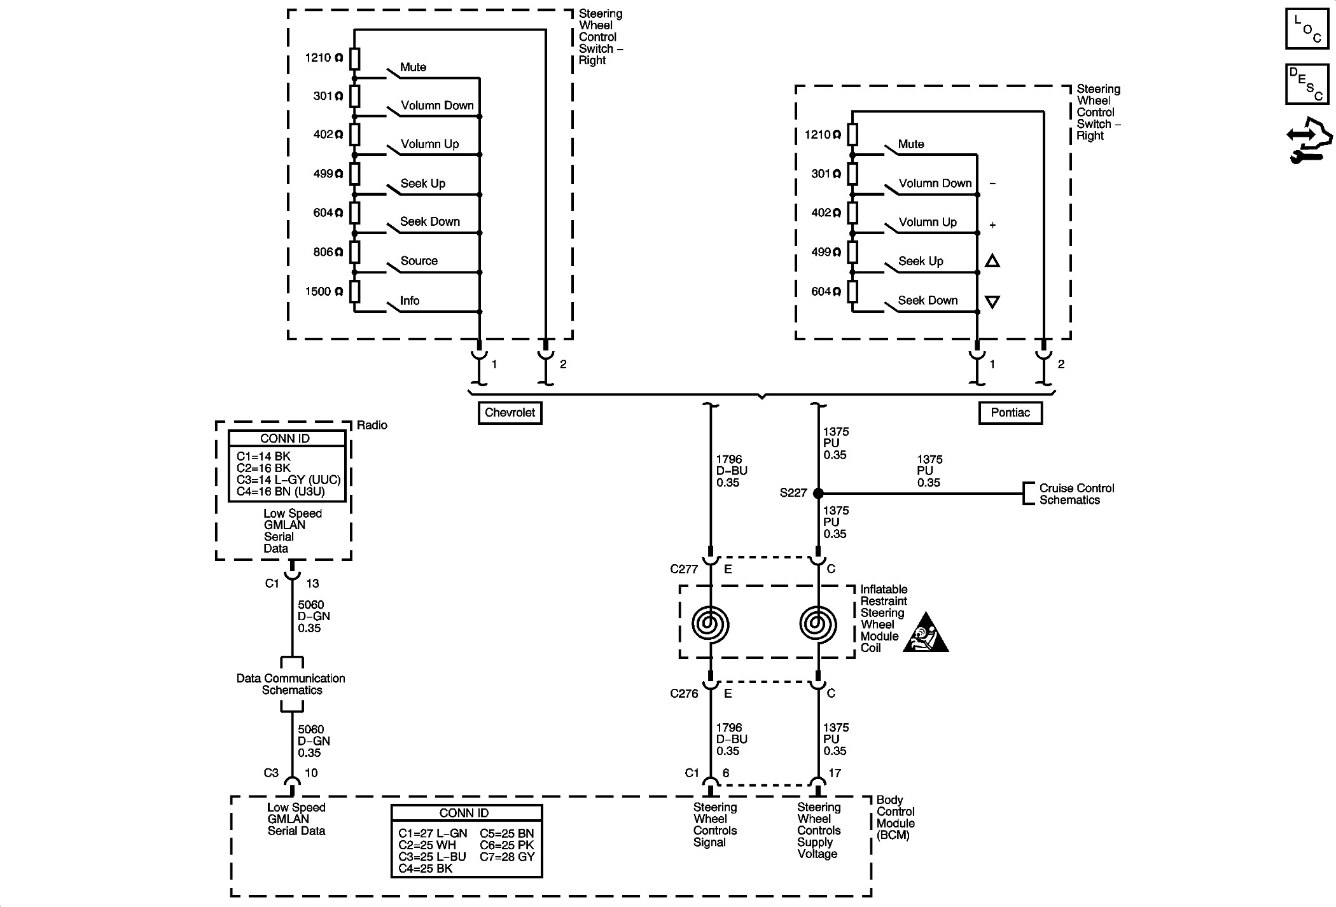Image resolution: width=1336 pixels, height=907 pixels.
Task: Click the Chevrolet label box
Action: click(x=510, y=413)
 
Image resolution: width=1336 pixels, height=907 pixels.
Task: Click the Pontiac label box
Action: click(x=1010, y=413)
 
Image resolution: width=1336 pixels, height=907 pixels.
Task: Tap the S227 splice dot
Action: click(x=819, y=493)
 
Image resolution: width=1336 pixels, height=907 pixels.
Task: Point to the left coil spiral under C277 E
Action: click(x=711, y=624)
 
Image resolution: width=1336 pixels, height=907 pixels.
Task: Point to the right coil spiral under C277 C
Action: click(x=818, y=624)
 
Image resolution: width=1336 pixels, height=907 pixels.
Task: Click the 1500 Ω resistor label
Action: click(x=324, y=292)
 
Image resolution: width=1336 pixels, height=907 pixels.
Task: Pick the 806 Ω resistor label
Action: click(x=328, y=253)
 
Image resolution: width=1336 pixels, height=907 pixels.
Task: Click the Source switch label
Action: click(x=419, y=261)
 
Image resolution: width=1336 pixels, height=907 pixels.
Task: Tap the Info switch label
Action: click(x=410, y=300)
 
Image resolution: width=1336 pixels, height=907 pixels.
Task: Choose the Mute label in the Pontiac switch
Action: click(x=911, y=144)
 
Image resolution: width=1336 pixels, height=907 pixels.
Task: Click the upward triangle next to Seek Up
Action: click(x=992, y=261)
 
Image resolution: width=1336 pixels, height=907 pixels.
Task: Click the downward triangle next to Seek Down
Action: click(x=992, y=302)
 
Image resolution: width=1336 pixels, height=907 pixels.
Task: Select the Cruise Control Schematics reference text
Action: click(x=1077, y=494)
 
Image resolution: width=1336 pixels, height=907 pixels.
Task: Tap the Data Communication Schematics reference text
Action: click(x=291, y=684)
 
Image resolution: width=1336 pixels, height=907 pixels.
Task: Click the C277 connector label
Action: click(x=684, y=569)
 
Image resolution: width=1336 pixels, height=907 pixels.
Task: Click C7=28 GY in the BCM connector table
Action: click(x=507, y=857)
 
